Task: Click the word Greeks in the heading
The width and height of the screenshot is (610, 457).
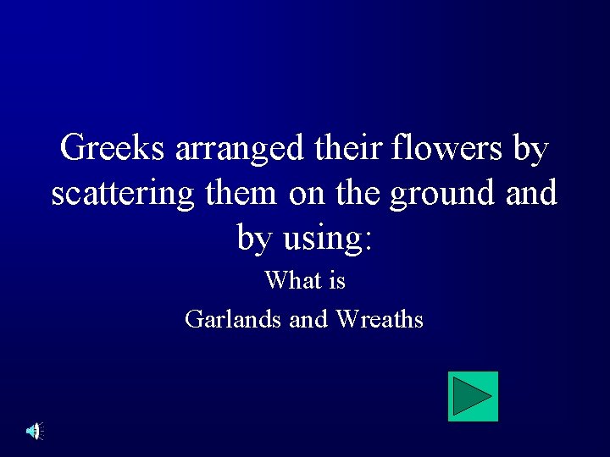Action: [x=114, y=149]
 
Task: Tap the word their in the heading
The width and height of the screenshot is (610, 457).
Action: [x=348, y=149]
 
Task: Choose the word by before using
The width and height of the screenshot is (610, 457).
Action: [x=255, y=239]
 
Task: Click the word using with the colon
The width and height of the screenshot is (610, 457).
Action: [x=328, y=239]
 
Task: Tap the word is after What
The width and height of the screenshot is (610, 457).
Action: [x=336, y=279]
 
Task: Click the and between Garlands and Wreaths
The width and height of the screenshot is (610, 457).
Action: [x=308, y=319]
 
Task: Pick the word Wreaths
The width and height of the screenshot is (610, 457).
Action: [x=380, y=319]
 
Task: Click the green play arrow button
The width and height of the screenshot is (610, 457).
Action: [x=473, y=396]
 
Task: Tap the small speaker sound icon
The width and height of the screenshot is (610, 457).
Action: [x=34, y=432]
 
